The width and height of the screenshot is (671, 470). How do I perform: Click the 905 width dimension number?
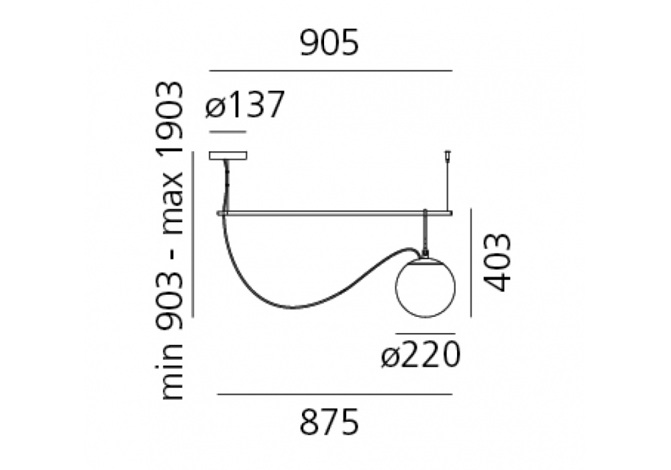[x=329, y=44]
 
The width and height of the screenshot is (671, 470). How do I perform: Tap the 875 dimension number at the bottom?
[x=329, y=422]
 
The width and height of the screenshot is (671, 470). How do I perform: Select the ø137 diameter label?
[x=244, y=105]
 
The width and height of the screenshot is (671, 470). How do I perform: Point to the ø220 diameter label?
[x=421, y=355]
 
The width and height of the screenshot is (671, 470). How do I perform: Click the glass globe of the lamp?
[x=425, y=287]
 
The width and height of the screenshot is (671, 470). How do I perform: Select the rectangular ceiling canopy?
[x=228, y=155]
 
